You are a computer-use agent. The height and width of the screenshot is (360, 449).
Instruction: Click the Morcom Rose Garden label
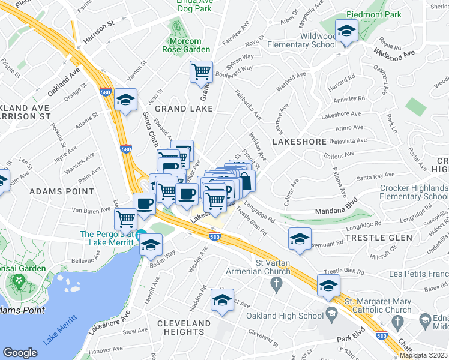click(187, 45)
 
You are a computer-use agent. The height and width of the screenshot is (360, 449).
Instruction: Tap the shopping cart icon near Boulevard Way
click(201, 72)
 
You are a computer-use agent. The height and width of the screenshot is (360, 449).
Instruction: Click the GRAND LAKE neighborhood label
click(184, 109)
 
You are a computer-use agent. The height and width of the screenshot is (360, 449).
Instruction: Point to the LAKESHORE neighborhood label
click(299, 142)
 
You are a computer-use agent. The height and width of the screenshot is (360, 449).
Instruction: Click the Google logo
click(20, 353)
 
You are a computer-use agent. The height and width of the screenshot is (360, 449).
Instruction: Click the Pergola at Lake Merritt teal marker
click(141, 234)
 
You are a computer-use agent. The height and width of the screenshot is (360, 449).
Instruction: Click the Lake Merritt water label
click(59, 329)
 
